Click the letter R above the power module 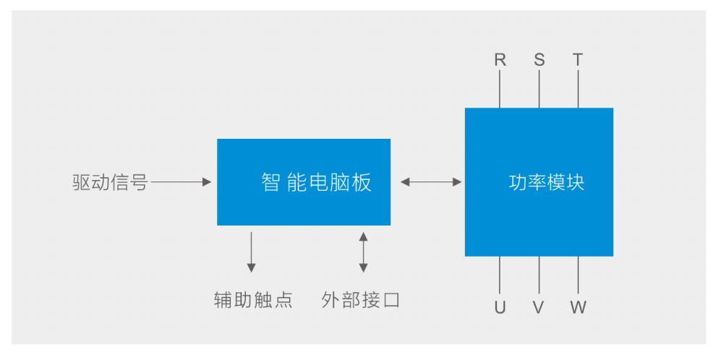(500, 60)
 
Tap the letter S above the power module (539, 60)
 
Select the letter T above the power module (578, 60)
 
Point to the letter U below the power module (500, 307)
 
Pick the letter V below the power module (539, 307)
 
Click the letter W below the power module (578, 307)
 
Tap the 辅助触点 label (253, 300)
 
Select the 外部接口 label (361, 300)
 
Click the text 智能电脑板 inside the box (316, 182)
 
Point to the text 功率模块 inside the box (546, 182)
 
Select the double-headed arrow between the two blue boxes (431, 182)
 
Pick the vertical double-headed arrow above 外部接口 (363, 252)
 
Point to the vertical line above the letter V (539, 275)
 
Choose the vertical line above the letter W (578, 275)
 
